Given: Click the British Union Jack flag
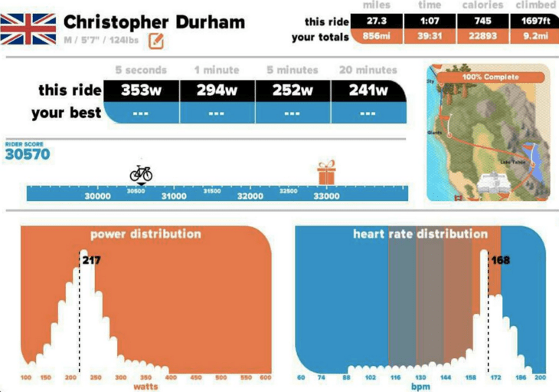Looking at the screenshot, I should [28, 28].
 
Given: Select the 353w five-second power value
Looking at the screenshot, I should [139, 90].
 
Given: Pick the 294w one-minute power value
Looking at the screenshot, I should [216, 90].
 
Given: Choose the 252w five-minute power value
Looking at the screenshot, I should [292, 90].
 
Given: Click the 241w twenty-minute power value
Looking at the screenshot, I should [367, 90].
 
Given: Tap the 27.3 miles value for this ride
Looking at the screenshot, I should [376, 21].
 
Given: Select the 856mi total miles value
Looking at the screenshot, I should [376, 36].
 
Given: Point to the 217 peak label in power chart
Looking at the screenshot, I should [91, 261].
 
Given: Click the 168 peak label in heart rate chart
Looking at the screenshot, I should [500, 260].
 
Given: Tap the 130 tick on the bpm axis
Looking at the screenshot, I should [420, 377].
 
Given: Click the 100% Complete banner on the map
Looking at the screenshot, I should [491, 77].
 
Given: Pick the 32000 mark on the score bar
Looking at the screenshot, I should [250, 196].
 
